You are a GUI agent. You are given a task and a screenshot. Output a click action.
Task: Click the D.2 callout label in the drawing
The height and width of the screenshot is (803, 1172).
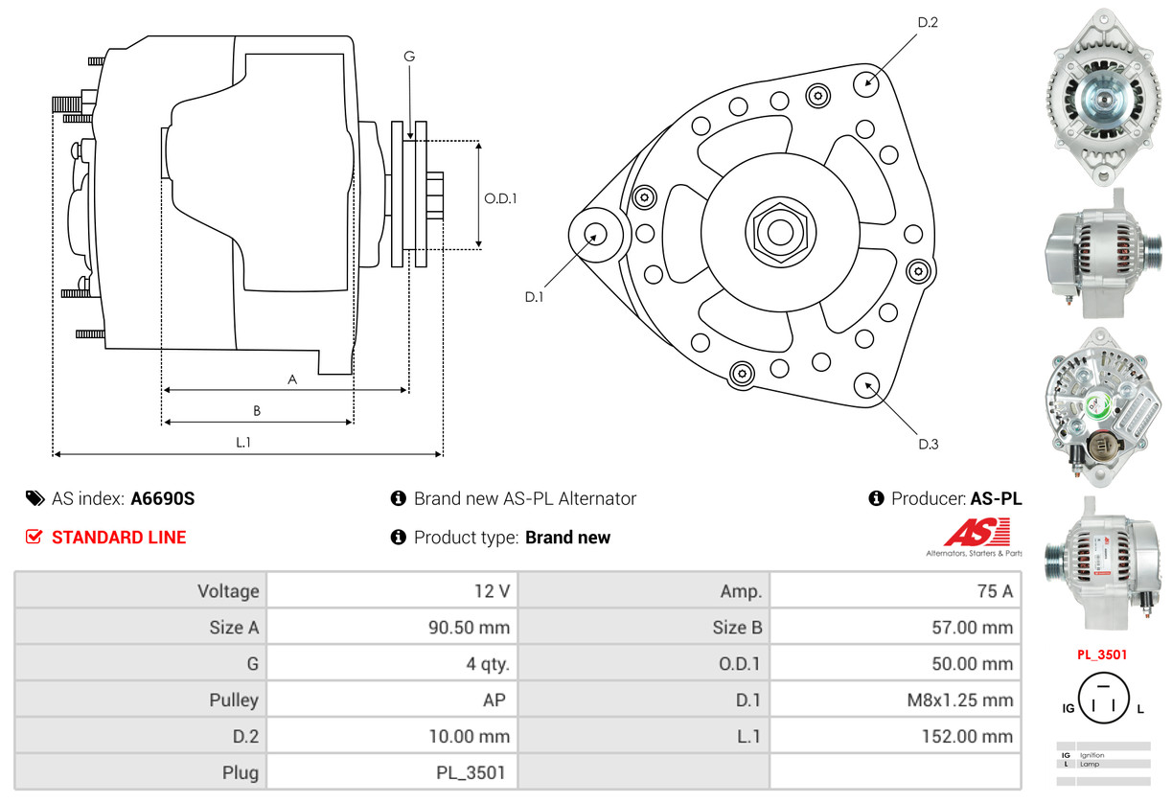(x=928, y=22)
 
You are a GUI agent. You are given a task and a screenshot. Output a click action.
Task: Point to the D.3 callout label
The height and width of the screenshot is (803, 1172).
(x=929, y=444)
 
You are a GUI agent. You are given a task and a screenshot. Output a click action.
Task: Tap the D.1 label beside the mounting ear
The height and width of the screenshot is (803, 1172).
(x=534, y=297)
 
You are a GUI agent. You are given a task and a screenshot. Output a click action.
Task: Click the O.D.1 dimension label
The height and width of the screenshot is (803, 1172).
(x=500, y=198)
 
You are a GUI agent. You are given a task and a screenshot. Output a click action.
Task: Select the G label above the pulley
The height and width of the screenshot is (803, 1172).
(x=409, y=56)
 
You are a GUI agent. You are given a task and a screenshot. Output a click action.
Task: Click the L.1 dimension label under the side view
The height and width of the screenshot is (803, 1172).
(x=243, y=443)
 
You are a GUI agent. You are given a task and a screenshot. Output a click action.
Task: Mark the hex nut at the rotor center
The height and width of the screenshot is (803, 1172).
(x=780, y=231)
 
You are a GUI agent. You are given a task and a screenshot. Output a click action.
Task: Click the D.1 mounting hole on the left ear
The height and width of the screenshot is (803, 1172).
(x=595, y=234)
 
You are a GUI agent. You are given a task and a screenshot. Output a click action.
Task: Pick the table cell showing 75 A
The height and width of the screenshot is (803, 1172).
(x=895, y=590)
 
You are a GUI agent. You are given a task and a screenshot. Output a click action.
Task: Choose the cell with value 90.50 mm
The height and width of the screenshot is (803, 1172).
(x=392, y=627)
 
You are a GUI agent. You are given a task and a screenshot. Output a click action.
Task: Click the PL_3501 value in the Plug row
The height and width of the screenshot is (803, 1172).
(x=471, y=772)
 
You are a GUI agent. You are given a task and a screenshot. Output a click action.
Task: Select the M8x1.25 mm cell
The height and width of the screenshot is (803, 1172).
(x=895, y=700)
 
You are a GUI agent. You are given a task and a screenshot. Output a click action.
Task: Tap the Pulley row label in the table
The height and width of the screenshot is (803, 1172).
(x=234, y=700)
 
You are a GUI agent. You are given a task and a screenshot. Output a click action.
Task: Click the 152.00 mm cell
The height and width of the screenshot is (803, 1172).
(x=895, y=736)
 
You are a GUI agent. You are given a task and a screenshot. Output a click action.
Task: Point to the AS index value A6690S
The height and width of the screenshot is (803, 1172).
(x=163, y=498)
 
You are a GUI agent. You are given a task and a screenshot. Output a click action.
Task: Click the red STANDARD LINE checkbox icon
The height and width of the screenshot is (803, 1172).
(x=34, y=537)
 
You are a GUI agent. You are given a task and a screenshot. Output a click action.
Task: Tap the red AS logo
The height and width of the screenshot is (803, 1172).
(x=977, y=532)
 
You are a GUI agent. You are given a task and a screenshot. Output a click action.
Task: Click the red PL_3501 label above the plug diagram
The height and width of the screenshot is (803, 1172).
(x=1102, y=654)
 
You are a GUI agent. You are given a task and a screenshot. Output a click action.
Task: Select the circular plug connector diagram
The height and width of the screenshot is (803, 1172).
(x=1103, y=698)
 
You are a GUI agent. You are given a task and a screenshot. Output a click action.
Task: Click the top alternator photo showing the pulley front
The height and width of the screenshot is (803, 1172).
(x=1103, y=97)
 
